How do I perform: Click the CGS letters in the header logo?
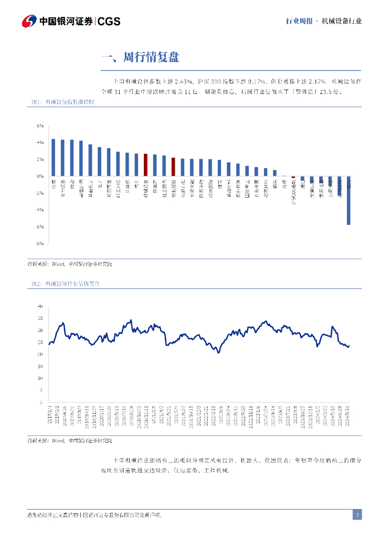coord(109,21)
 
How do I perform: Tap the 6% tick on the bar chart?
coord(39,126)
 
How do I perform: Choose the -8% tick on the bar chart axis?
coord(39,244)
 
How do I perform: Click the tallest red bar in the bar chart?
coord(145,165)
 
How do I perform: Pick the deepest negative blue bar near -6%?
coord(349,201)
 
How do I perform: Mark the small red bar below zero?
coord(293,178)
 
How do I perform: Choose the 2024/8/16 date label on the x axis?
coord(348,412)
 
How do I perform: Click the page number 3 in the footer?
coord(357,515)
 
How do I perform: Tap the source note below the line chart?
coord(70,440)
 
